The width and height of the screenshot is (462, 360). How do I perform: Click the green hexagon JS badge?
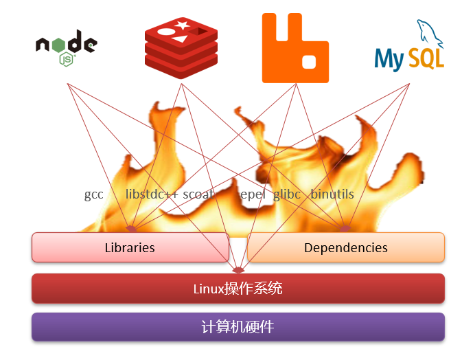pyautogui.click(x=67, y=60)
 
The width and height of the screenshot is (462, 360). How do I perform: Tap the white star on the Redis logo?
pyautogui.click(x=183, y=25)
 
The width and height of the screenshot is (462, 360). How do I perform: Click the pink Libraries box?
pyautogui.click(x=130, y=247)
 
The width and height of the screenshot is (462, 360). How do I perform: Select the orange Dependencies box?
pyautogui.click(x=345, y=247)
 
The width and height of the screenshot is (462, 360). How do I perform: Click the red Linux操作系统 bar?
pyautogui.click(x=238, y=289)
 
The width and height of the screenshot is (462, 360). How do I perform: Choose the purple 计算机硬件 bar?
pyautogui.click(x=238, y=327)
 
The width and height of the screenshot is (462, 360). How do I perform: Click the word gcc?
pyautogui.click(x=94, y=194)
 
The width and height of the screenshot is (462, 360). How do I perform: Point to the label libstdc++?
pyautogui.click(x=152, y=194)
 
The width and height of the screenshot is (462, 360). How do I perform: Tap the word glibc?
pyautogui.click(x=287, y=194)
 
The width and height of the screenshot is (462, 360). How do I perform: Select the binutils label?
pyautogui.click(x=332, y=194)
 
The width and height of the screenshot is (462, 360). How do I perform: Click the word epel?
pyautogui.click(x=252, y=194)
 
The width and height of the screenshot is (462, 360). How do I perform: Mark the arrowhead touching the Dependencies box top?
pyautogui.click(x=345, y=229)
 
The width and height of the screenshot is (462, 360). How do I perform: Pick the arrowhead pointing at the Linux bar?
pyautogui.click(x=238, y=269)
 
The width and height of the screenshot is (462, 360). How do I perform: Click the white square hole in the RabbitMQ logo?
pyautogui.click(x=308, y=62)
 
